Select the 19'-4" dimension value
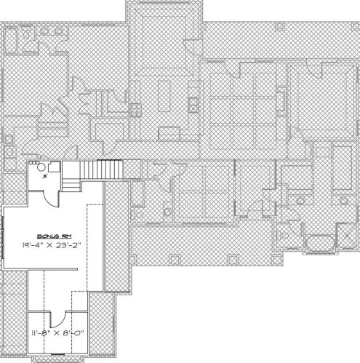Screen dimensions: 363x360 33,246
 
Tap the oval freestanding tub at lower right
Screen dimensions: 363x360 319,243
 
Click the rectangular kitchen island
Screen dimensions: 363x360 164,95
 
